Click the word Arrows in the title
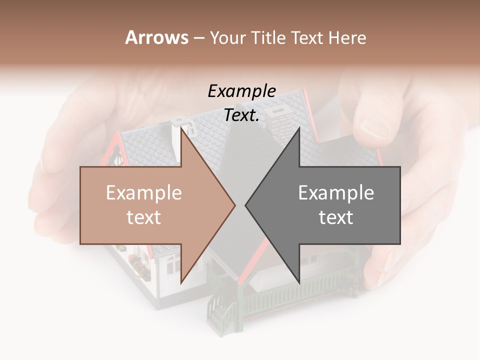click(x=156, y=37)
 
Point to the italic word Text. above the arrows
click(x=241, y=115)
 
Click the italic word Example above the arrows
click(x=241, y=91)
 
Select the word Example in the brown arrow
click(x=143, y=193)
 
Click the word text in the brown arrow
click(x=143, y=217)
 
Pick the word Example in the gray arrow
click(x=336, y=193)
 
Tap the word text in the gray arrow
click(x=336, y=217)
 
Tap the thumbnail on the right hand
click(x=373, y=128)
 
